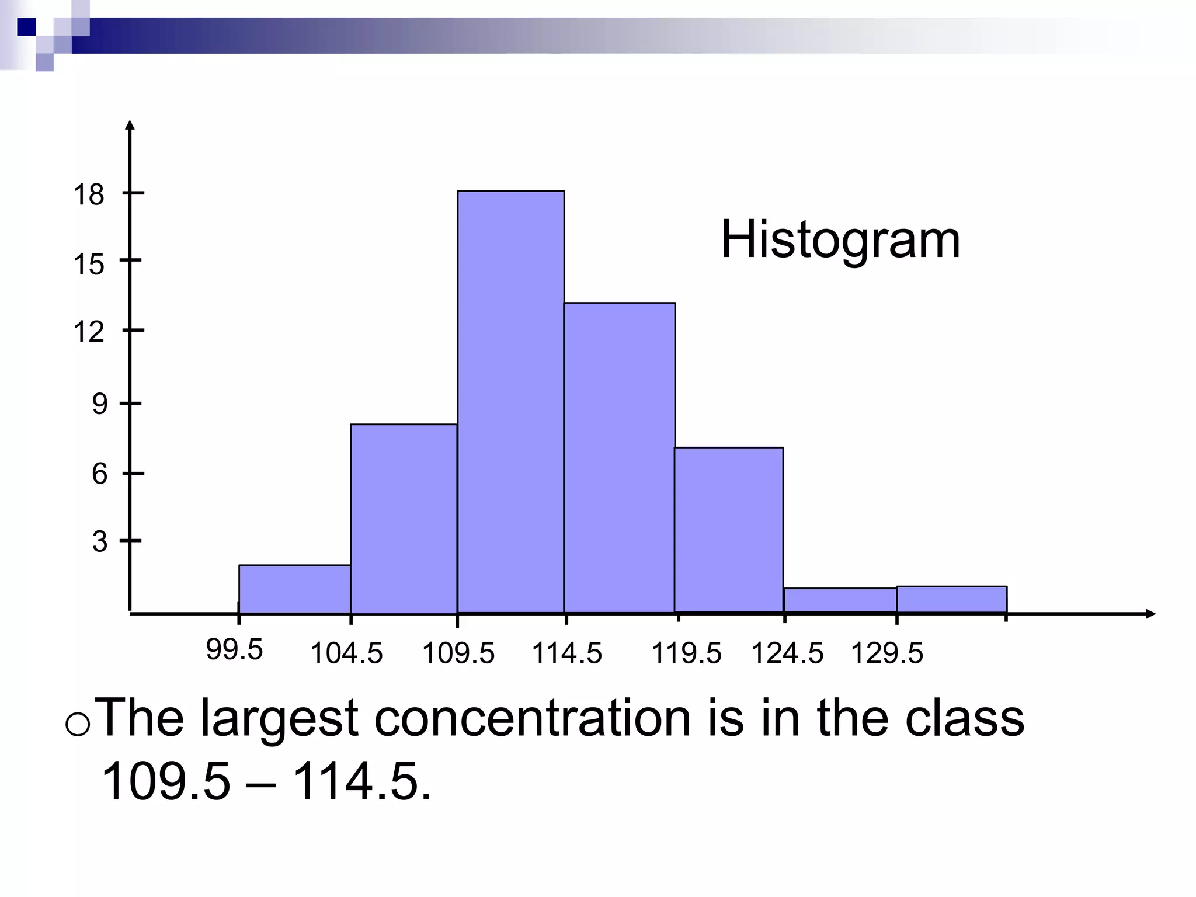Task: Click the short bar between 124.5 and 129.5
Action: (x=840, y=600)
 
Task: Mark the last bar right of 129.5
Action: (x=951, y=599)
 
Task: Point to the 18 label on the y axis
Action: (x=89, y=194)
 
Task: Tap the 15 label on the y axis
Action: (x=89, y=265)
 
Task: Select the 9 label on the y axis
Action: (x=100, y=404)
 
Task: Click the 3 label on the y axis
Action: (x=100, y=541)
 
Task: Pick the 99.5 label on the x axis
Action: (x=234, y=650)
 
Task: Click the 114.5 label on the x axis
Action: (x=566, y=653)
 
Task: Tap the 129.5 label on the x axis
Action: (x=886, y=653)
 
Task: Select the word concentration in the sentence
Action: (x=533, y=718)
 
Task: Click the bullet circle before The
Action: (x=78, y=725)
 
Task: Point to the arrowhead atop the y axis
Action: (x=130, y=124)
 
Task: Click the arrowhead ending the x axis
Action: (x=1150, y=613)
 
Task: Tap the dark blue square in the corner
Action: (x=27, y=27)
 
